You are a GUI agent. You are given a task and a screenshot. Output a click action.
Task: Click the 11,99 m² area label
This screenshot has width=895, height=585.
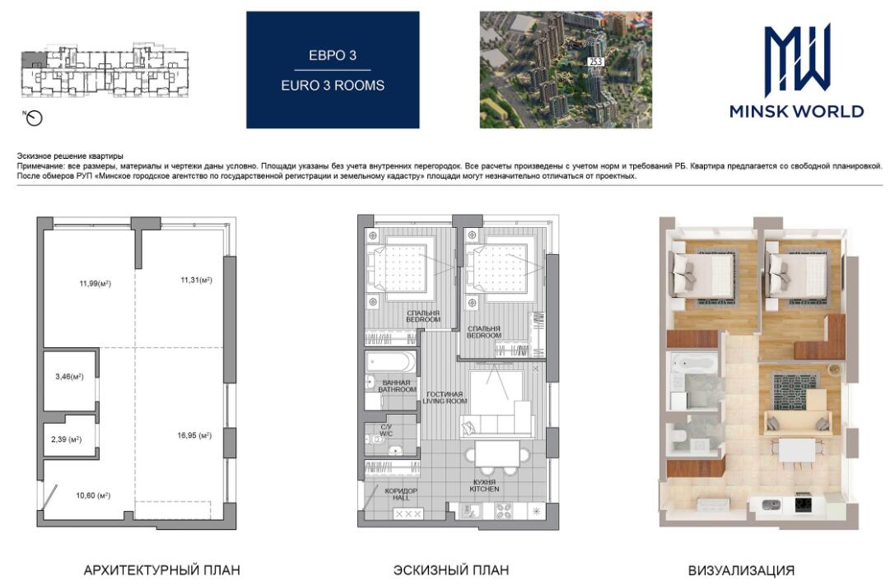[95, 283]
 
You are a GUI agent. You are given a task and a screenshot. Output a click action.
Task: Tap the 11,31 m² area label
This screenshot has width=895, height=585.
[196, 280]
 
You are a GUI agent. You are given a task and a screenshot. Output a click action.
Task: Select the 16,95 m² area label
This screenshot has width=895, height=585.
[194, 435]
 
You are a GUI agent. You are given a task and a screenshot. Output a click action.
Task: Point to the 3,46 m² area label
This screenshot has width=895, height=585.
[69, 377]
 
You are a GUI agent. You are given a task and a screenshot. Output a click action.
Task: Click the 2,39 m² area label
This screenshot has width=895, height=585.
[66, 439]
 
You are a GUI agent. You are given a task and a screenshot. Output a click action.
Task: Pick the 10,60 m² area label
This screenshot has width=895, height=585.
[93, 495]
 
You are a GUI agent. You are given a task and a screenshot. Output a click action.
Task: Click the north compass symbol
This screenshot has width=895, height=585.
[35, 118]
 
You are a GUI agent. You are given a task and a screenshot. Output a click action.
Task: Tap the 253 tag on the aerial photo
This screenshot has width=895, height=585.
[595, 62]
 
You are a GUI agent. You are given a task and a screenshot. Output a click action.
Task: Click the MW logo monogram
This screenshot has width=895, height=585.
[797, 60]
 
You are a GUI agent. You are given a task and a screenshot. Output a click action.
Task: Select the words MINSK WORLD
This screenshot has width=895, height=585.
[797, 111]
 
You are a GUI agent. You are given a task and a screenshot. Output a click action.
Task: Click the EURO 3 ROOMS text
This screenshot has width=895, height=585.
[333, 86]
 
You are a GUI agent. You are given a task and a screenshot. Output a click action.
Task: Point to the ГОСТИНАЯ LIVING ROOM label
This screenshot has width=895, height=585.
[445, 397]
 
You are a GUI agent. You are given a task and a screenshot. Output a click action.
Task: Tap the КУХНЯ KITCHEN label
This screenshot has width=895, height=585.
[484, 485]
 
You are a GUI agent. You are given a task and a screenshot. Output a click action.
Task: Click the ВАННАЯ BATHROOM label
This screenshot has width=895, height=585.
[397, 386]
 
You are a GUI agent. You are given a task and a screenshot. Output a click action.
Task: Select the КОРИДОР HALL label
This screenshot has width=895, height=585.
[401, 494]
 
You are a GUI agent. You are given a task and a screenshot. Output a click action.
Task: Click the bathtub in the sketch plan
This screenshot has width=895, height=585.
[391, 361]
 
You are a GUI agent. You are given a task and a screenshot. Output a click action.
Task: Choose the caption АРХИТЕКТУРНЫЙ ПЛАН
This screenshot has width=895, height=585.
[161, 570]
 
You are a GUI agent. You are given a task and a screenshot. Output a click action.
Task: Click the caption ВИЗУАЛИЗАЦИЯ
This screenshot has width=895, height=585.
[741, 570]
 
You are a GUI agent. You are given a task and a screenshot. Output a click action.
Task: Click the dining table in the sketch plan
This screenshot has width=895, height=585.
[497, 454]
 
